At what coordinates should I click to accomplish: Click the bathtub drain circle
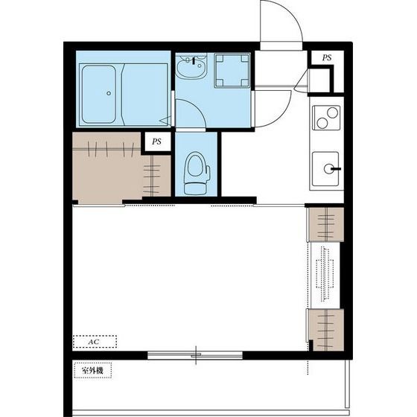[x=109, y=93]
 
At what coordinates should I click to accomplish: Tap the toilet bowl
[x=195, y=165]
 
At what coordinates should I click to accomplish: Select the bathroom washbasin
[x=191, y=68]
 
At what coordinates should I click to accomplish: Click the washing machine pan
[x=232, y=71]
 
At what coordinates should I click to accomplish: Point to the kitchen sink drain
[x=328, y=168]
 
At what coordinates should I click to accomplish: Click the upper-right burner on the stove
[x=332, y=112]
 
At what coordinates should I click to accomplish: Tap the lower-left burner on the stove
[x=322, y=123]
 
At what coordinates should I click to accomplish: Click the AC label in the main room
[x=94, y=342]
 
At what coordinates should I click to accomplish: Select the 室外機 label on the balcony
[x=92, y=370]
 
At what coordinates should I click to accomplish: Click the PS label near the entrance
[x=327, y=57]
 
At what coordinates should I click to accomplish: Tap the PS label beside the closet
[x=156, y=141]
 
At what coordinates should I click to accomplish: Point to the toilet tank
[x=195, y=188]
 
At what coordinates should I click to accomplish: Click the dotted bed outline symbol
[x=325, y=274]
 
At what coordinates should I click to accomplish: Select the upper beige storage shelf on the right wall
[x=326, y=224]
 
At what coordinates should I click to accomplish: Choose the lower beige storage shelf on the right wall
[x=326, y=330]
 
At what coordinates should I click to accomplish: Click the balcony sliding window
[x=195, y=355]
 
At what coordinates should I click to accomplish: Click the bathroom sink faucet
[x=194, y=60]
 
